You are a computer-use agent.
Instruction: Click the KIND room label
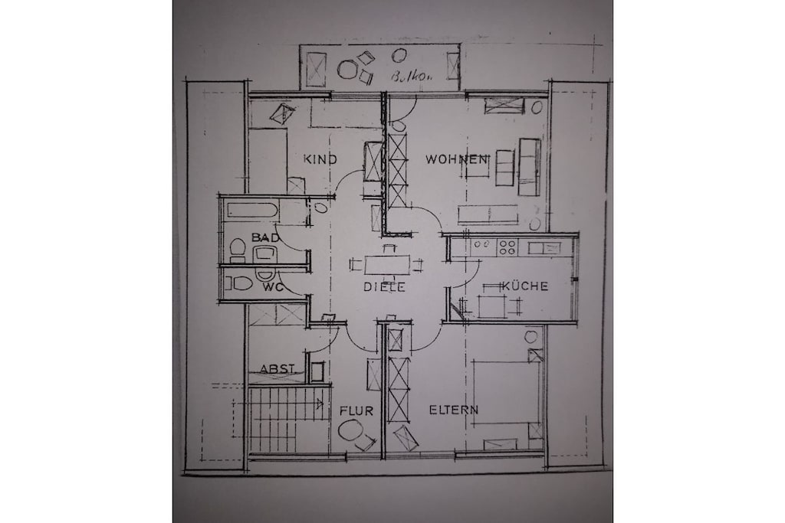pos(320,159)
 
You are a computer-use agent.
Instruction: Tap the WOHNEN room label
pos(456,159)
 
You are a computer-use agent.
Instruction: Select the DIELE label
pos(384,287)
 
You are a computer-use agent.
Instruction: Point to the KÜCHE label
pos(524,286)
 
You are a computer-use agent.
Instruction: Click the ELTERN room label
pos(454,410)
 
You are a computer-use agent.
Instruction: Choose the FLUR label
pos(356,411)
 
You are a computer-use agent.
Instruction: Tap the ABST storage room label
pos(277,369)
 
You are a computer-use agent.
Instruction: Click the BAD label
pos(265,237)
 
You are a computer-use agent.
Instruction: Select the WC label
pos(273,287)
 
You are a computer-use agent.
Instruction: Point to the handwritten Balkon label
pos(411,77)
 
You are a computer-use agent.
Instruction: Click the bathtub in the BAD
pos(252,210)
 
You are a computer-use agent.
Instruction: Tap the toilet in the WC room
pos(239,283)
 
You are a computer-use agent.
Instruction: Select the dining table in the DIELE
pos(387,264)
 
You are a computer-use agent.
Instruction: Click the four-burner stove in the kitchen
pos(507,247)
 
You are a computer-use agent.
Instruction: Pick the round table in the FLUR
pos(351,430)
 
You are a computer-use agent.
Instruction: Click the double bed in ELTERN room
pos(505,391)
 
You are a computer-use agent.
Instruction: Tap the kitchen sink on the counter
pos(544,247)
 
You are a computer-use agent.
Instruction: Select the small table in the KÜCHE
pos(493,306)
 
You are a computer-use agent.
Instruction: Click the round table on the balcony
pos(347,69)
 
